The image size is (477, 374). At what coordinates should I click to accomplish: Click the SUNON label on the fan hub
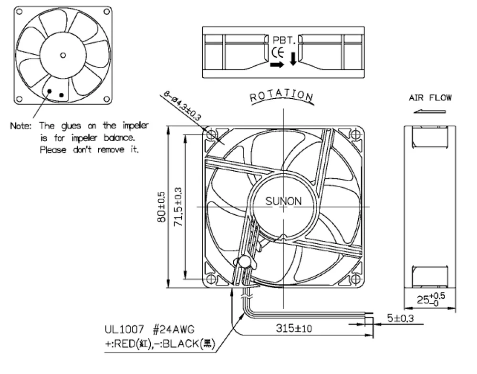point(283,201)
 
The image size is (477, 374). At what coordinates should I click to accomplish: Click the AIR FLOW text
point(430,98)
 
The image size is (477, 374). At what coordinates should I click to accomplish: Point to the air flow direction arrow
point(430,112)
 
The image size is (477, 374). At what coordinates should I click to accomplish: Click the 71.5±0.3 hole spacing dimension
point(178,207)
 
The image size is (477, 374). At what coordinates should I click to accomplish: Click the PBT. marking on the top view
point(285,41)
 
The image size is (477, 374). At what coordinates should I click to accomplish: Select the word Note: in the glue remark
point(21,126)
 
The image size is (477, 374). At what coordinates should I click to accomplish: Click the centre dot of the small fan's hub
point(63,55)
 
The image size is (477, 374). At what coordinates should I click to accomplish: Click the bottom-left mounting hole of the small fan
point(20,99)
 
